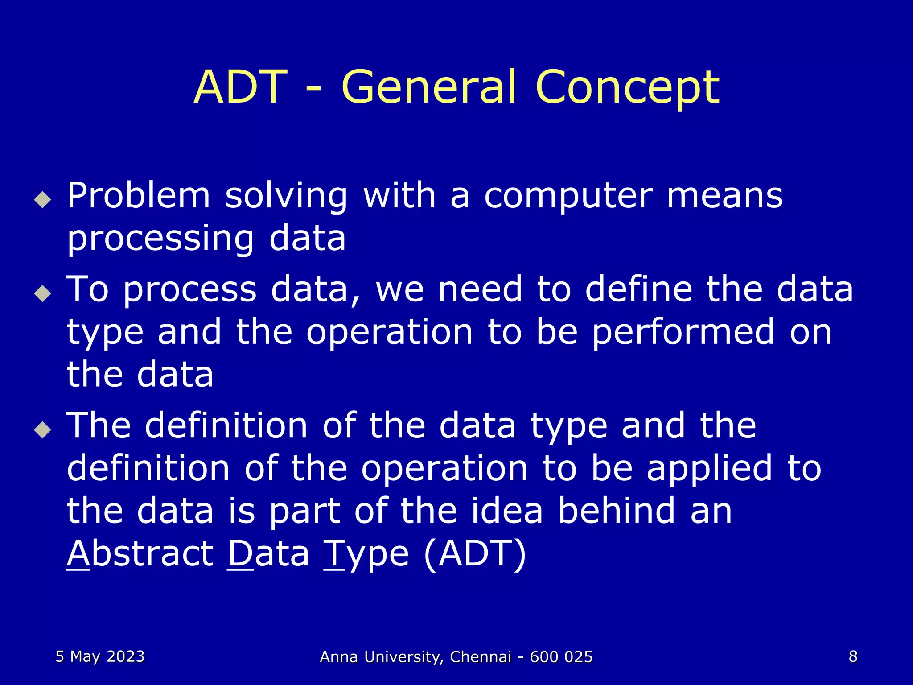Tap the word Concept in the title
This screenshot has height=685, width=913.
point(628,88)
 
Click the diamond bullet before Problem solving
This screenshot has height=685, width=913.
point(43,199)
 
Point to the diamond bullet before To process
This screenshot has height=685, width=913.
point(43,293)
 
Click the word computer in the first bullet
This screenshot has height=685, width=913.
point(568,197)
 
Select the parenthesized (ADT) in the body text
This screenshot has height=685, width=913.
point(475,554)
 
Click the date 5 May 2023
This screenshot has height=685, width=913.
point(100,656)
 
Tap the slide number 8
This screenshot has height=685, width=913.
point(853,656)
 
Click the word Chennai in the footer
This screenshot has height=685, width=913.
point(481,657)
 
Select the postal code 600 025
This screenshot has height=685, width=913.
point(561,657)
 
